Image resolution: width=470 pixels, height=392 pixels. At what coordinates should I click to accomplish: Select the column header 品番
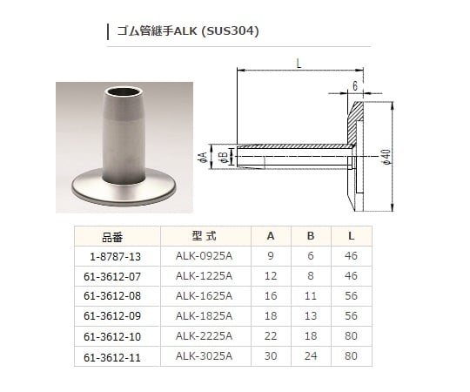click(x=113, y=236)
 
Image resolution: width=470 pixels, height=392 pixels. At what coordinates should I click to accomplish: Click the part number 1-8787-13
click(x=112, y=256)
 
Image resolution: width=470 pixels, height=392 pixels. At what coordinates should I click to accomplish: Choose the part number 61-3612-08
click(x=112, y=295)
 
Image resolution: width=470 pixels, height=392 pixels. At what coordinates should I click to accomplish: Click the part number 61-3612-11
click(x=112, y=355)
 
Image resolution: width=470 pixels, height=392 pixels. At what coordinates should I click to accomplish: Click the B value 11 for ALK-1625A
click(x=311, y=295)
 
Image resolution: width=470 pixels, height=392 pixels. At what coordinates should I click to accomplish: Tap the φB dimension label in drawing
click(x=222, y=157)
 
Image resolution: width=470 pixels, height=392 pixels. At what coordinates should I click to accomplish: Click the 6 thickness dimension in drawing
click(x=355, y=84)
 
